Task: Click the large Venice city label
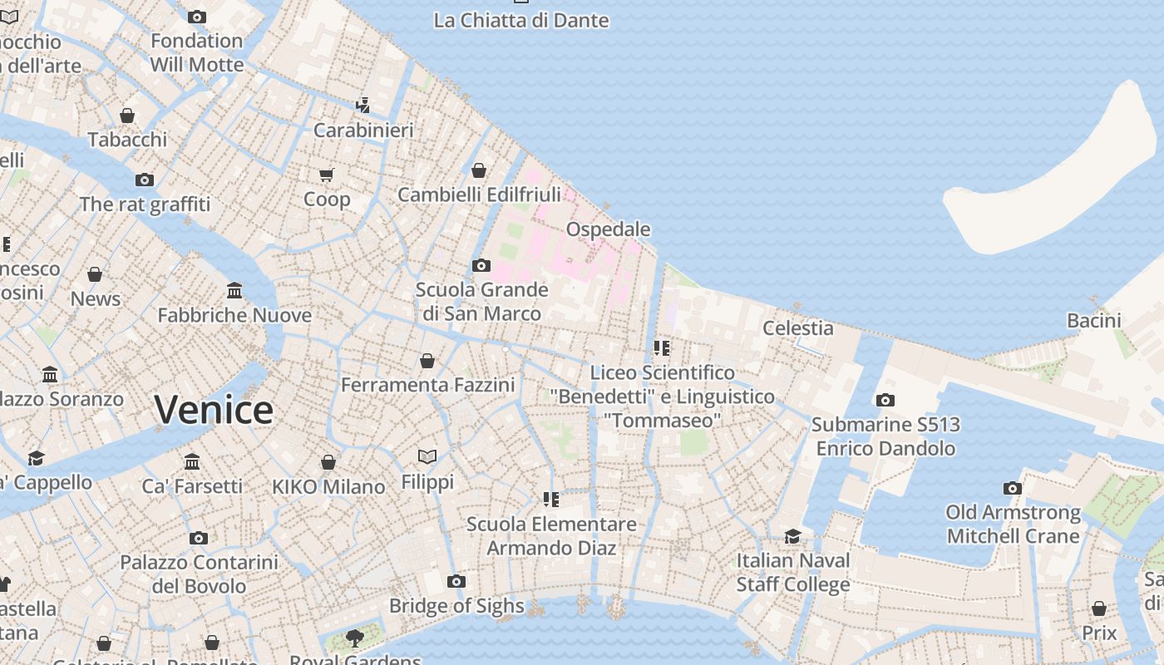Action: click(214, 410)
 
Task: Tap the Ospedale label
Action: click(608, 229)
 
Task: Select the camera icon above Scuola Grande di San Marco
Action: click(481, 266)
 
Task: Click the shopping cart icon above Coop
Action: click(327, 175)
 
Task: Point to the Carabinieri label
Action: click(363, 130)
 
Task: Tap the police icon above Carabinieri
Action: click(363, 106)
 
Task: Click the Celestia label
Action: click(797, 328)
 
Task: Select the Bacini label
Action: click(1093, 320)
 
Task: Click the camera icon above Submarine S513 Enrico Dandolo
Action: click(885, 401)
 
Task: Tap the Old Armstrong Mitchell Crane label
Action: click(1013, 524)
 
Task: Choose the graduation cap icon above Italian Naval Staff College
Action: click(793, 536)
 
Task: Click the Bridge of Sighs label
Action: click(456, 606)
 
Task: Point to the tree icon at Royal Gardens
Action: click(355, 638)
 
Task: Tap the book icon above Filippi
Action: click(427, 457)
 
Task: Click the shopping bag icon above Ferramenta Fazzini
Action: click(427, 361)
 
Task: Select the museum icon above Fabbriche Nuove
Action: click(234, 291)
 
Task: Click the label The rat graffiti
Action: click(145, 204)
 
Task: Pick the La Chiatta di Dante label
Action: click(521, 20)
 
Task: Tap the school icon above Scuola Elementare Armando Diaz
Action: click(551, 500)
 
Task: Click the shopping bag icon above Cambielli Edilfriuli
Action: click(479, 170)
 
